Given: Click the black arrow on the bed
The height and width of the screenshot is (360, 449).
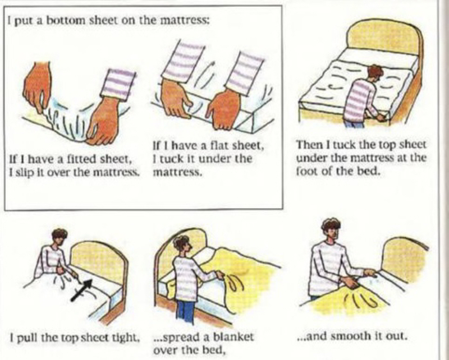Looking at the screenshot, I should pos(81,289).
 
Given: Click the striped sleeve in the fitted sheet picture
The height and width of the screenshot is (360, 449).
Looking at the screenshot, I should pos(118,84).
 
